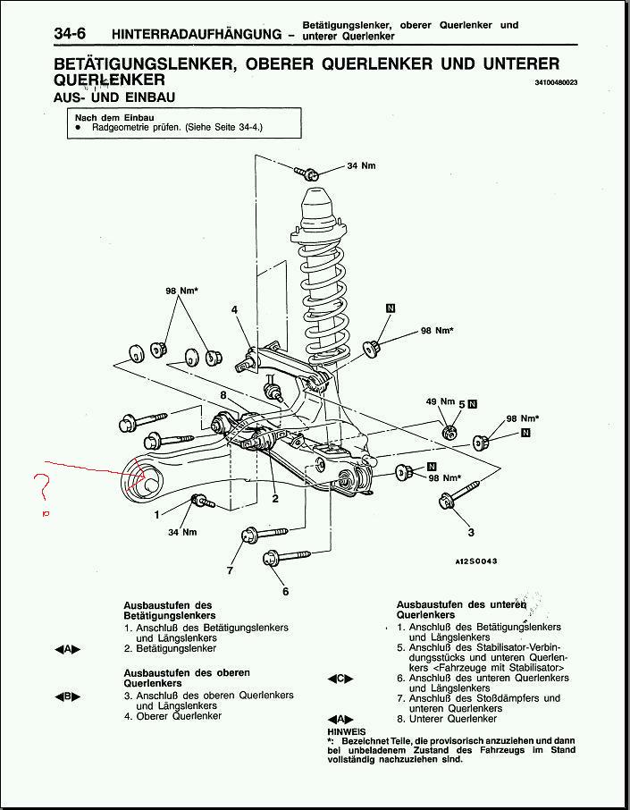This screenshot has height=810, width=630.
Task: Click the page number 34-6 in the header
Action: (75, 33)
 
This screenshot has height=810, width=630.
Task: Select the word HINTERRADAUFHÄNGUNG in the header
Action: (197, 34)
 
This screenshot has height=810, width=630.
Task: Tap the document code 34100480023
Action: (556, 82)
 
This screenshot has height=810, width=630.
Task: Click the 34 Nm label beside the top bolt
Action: (361, 165)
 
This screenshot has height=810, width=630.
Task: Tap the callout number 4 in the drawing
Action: (235, 310)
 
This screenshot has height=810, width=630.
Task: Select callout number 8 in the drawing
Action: (223, 394)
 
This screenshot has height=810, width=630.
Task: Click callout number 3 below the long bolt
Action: (471, 533)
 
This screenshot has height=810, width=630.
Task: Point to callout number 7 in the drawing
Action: (230, 570)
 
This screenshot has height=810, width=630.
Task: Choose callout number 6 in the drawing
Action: (285, 591)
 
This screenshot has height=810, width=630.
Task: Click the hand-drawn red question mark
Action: (40, 488)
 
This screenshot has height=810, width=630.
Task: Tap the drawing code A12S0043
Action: (475, 561)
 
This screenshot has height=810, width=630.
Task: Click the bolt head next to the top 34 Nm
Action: (305, 171)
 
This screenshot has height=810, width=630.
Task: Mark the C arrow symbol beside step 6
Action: (340, 679)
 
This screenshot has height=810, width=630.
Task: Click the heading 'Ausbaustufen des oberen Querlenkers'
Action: (187, 678)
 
